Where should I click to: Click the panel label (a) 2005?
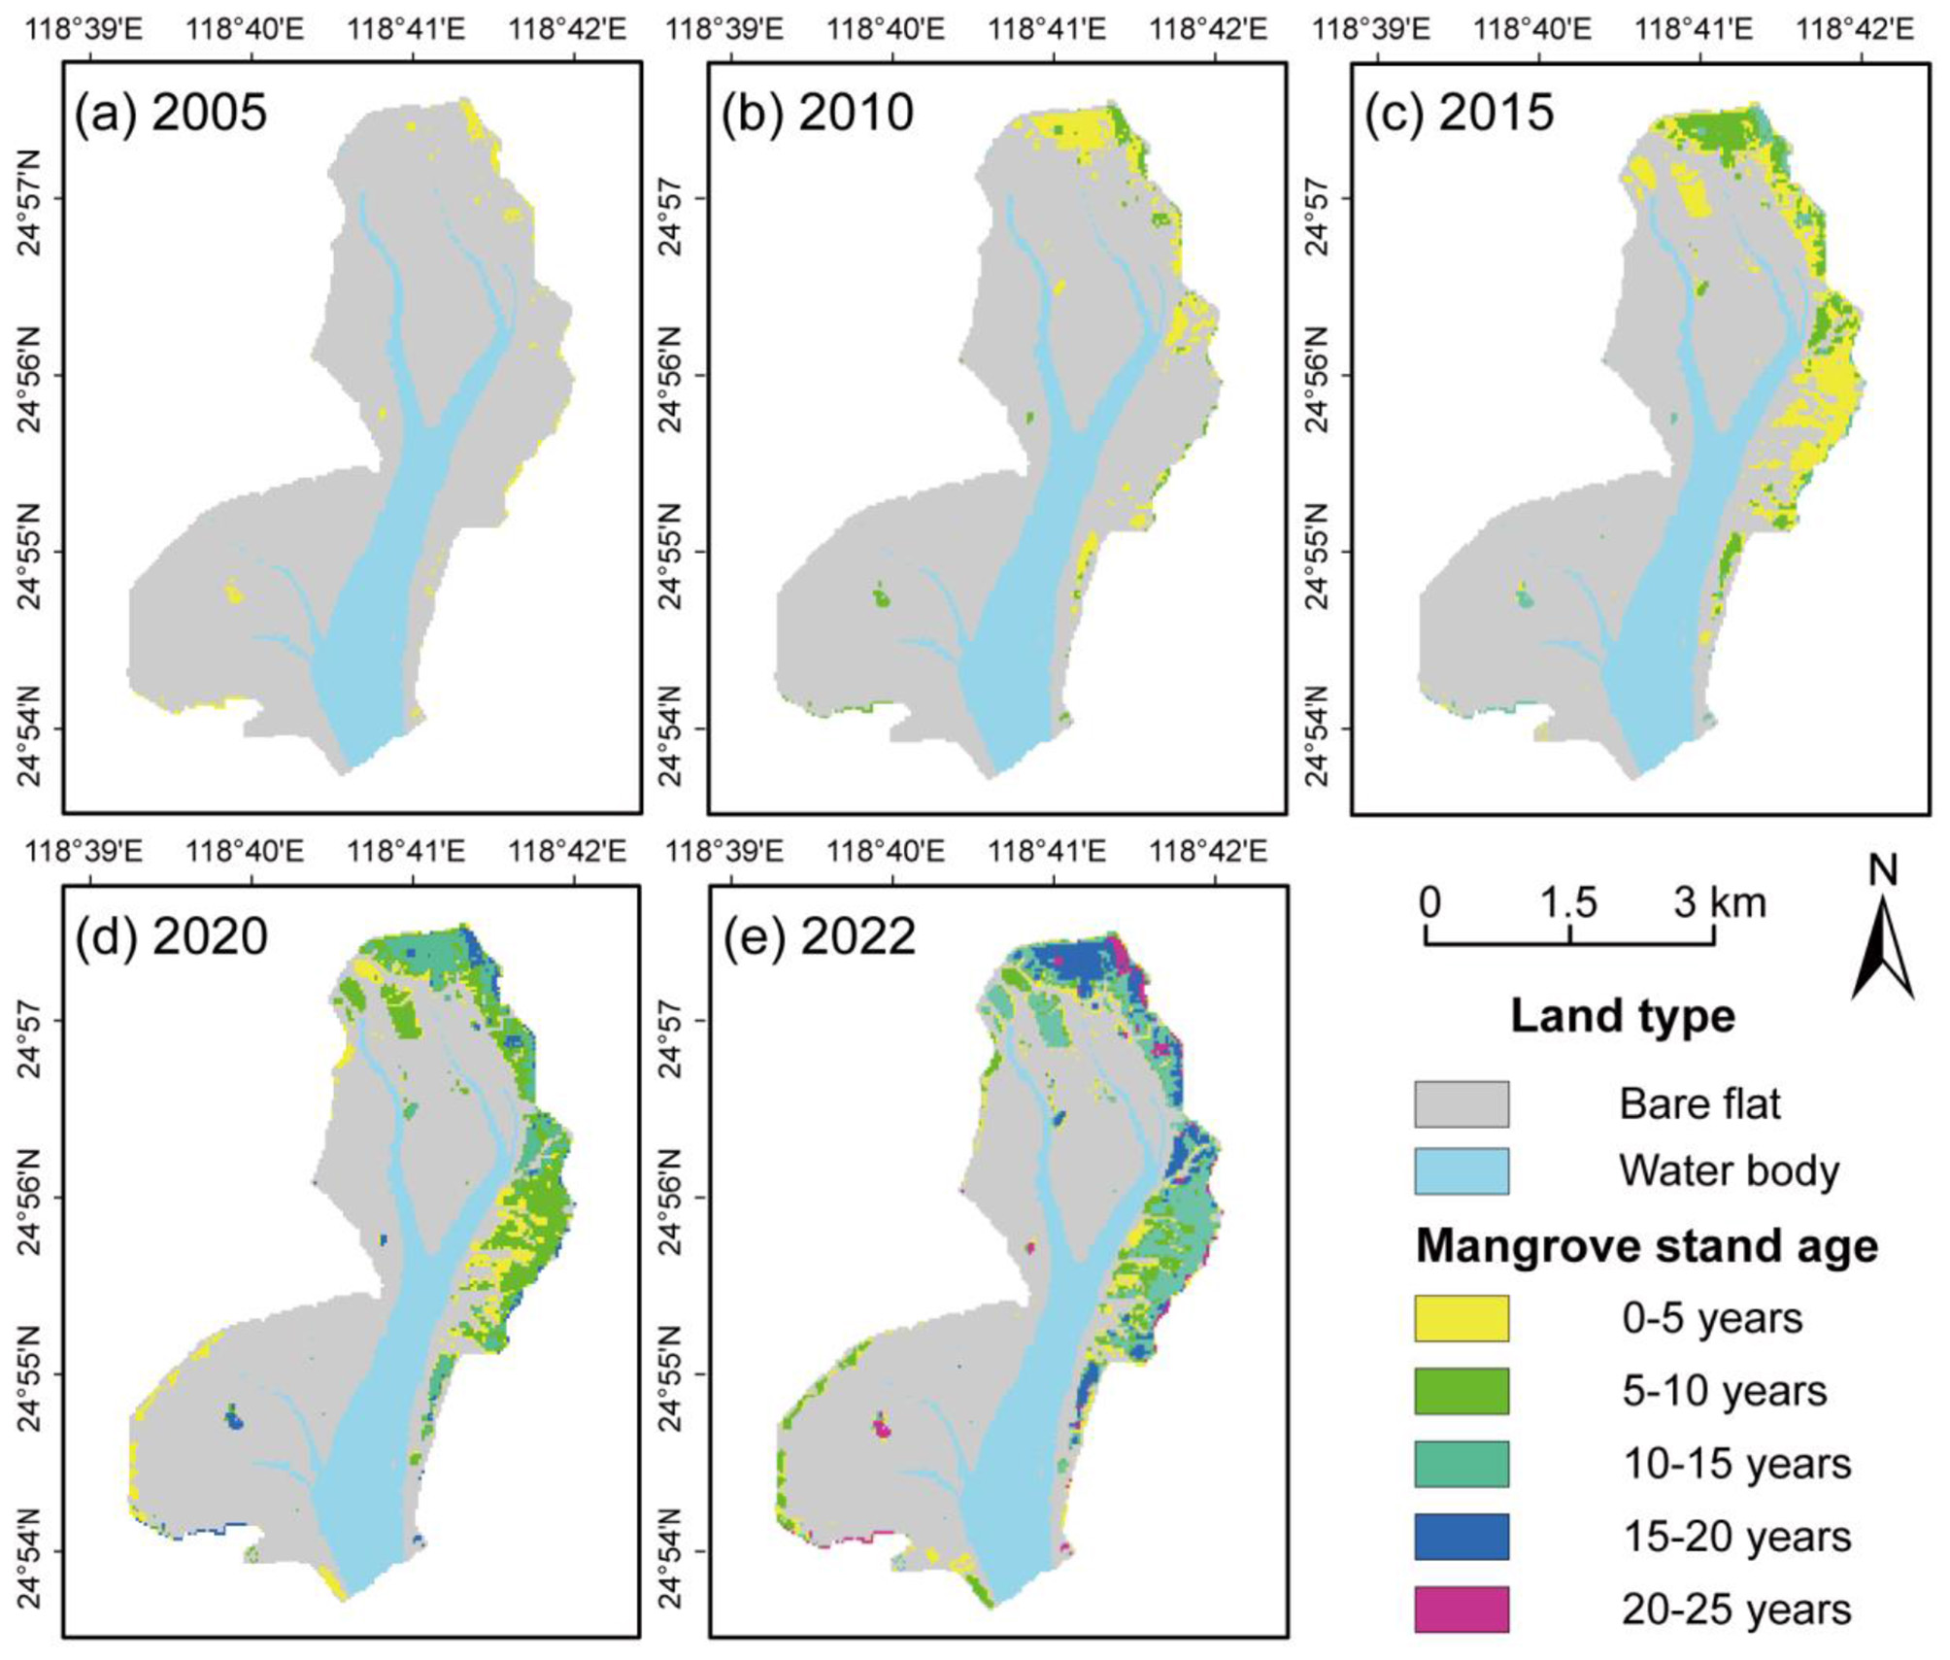pos(170,113)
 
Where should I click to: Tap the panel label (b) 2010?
pos(817,113)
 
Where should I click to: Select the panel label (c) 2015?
pos(1459,113)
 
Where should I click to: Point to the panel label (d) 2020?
pos(171,936)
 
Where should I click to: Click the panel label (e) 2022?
pos(818,936)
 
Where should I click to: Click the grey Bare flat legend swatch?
pos(1461,1104)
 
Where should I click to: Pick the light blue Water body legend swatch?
pos(1461,1171)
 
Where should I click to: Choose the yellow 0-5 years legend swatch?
pos(1461,1318)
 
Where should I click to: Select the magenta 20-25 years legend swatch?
pos(1461,1609)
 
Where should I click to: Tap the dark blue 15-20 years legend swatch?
pos(1461,1537)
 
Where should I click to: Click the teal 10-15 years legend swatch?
pos(1461,1464)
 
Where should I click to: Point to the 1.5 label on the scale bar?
pos(1568,903)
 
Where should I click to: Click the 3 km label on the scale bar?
pos(1719,903)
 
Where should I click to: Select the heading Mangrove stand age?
pos(1646,1246)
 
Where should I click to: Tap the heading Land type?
pos(1622,1017)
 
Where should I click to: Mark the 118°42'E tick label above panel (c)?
pos(1855,29)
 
